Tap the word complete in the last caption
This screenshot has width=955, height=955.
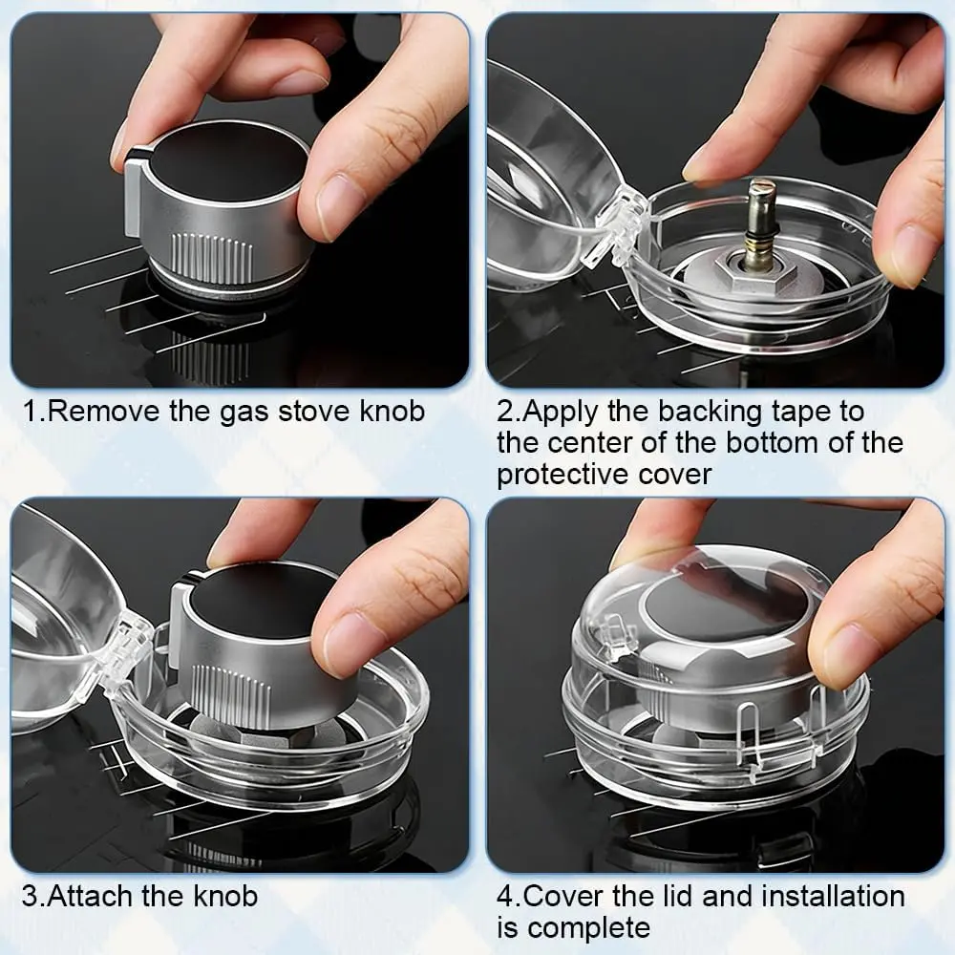click(589, 928)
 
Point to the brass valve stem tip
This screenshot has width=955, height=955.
click(763, 189)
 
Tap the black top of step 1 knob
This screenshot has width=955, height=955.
click(229, 164)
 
